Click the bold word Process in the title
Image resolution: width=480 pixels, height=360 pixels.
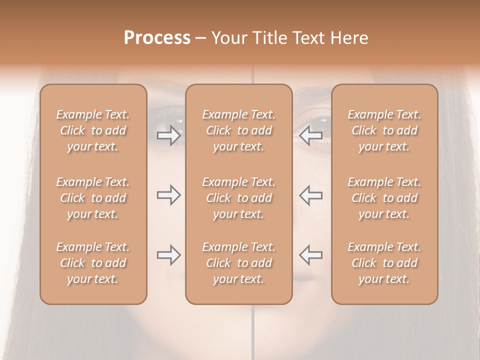[x=157, y=38]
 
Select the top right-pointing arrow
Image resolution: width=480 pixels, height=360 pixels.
[x=169, y=135]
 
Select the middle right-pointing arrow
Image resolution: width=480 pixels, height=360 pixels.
[x=169, y=195]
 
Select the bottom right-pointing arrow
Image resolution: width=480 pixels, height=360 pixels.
[x=169, y=255]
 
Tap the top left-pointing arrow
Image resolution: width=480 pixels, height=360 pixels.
[x=311, y=135]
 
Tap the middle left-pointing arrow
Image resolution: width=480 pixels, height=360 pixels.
[x=311, y=195]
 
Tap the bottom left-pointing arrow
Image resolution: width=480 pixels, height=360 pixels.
[x=311, y=255]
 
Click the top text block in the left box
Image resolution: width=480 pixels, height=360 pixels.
[x=93, y=130]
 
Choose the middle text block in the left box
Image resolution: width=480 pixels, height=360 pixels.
[x=93, y=198]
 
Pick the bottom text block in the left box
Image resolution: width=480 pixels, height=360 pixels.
[x=93, y=263]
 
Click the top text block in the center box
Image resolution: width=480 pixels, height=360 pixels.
[x=239, y=130]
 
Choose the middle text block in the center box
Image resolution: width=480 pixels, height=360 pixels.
[x=239, y=198]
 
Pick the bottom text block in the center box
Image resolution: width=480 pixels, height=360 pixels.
[x=239, y=263]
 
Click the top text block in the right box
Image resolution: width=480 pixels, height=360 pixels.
[x=384, y=130]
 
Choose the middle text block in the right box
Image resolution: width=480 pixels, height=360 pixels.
[x=384, y=198]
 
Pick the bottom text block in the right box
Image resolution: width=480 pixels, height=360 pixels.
[x=384, y=263]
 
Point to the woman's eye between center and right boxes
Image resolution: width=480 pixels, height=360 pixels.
[x=315, y=122]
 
